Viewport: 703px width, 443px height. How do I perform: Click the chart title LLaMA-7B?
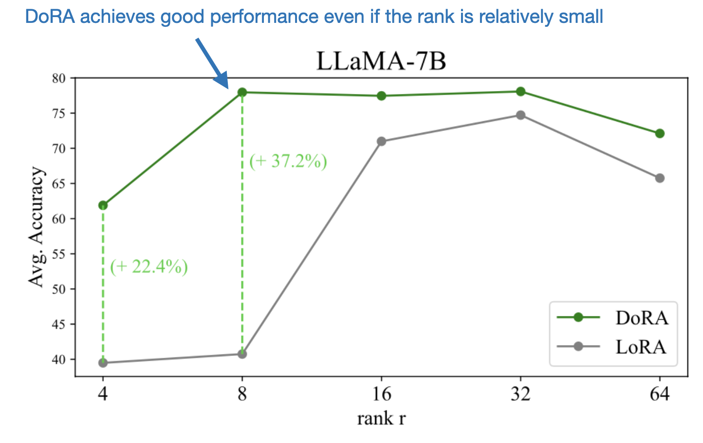(x=381, y=62)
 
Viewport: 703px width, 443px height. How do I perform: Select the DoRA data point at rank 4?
(x=103, y=205)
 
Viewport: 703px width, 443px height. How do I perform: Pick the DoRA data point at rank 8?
(x=242, y=92)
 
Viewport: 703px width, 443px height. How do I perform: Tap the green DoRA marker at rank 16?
(x=381, y=96)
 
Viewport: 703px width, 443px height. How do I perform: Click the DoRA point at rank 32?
(x=520, y=92)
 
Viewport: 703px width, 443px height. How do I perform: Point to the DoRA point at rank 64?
(x=660, y=133)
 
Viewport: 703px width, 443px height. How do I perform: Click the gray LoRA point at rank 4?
(x=103, y=363)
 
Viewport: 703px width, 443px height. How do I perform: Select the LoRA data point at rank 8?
(x=242, y=354)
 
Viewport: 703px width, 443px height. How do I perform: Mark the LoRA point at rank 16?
(x=381, y=141)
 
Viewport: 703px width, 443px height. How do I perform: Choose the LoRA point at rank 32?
(x=520, y=115)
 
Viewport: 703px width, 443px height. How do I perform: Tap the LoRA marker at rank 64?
(x=660, y=178)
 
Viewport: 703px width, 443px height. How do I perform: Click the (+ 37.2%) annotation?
(x=288, y=161)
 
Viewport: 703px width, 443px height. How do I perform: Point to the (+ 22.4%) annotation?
(x=149, y=267)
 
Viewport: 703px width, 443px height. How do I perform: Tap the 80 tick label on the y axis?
(x=61, y=78)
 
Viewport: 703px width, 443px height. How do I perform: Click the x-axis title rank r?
(x=381, y=418)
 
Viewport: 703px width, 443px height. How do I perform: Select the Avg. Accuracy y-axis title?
(x=36, y=227)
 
